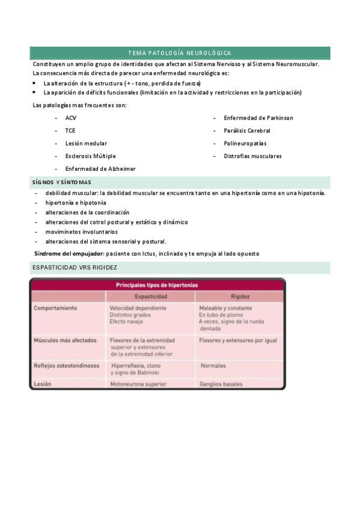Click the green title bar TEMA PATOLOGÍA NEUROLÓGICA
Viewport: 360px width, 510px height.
click(180, 53)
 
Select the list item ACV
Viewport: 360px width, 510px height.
click(71, 118)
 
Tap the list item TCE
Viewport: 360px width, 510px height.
click(70, 131)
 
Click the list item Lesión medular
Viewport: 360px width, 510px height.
click(86, 144)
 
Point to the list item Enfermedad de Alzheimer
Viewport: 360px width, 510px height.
click(100, 169)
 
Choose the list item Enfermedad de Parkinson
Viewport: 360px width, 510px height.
click(258, 118)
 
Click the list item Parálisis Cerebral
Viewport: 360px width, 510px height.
click(247, 131)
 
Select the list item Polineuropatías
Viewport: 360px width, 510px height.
click(245, 144)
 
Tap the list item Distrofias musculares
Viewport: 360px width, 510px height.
click(252, 156)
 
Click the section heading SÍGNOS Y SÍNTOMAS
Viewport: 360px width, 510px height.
click(61, 182)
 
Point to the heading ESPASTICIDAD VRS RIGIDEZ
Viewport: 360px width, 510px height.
click(74, 267)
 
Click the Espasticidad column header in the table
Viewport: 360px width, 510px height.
click(150, 296)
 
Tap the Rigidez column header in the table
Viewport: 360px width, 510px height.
click(240, 296)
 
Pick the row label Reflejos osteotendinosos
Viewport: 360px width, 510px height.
click(66, 365)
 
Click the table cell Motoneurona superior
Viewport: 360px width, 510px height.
click(138, 382)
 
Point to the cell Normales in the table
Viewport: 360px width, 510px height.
click(213, 365)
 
